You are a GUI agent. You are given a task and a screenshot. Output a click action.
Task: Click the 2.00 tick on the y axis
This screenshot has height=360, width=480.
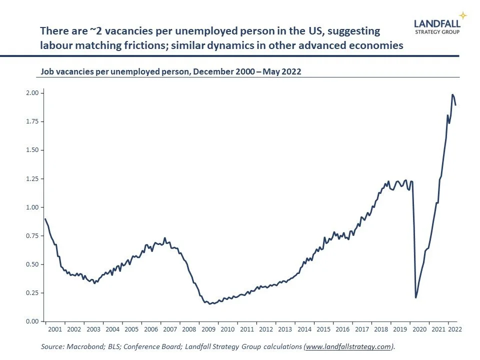pyautogui.click(x=32, y=93)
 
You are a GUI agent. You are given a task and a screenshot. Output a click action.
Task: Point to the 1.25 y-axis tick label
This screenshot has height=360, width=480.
pyautogui.click(x=32, y=179)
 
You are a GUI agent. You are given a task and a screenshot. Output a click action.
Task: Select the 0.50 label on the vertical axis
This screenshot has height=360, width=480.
pyautogui.click(x=32, y=264)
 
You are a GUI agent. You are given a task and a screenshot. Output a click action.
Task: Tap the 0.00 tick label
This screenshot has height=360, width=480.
pyautogui.click(x=32, y=321)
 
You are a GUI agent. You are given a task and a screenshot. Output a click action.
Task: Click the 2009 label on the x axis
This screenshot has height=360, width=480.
pyautogui.click(x=207, y=329)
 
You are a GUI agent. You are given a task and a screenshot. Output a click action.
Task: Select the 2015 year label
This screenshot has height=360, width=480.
pyautogui.click(x=323, y=329)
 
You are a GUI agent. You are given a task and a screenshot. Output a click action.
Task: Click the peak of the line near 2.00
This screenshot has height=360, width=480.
pyautogui.click(x=452, y=94)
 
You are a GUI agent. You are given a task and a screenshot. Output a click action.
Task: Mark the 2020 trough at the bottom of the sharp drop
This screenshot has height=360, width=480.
pyautogui.click(x=415, y=298)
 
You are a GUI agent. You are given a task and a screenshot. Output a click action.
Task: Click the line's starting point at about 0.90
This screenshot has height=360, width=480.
pyautogui.click(x=45, y=219)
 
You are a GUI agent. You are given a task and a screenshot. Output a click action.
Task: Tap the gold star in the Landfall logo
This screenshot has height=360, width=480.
pyautogui.click(x=463, y=15)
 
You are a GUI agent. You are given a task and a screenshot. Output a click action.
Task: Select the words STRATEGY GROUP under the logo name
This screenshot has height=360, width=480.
pyautogui.click(x=437, y=31)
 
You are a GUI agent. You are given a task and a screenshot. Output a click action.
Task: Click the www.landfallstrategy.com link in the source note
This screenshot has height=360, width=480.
pyautogui.click(x=348, y=346)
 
